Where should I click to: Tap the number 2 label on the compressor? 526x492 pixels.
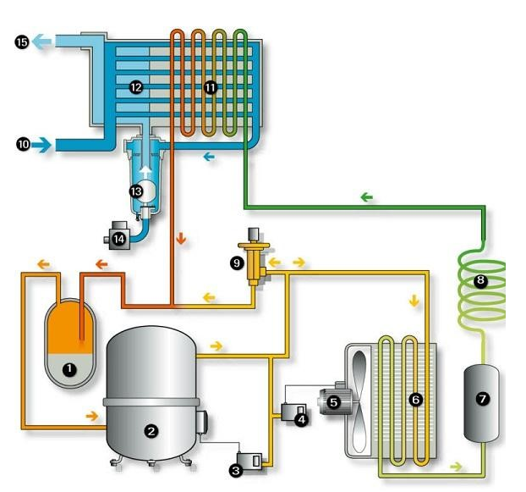[x=151, y=431]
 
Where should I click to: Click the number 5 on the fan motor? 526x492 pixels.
[x=333, y=402]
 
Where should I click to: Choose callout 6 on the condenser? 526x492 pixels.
[x=415, y=399]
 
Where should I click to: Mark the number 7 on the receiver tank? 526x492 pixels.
[x=483, y=399]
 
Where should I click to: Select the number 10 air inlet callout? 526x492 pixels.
[x=23, y=145]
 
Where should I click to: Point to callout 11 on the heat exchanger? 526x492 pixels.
[x=211, y=87]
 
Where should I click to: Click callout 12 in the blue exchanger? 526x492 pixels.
[x=135, y=87]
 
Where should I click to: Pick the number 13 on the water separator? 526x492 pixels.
[x=135, y=191]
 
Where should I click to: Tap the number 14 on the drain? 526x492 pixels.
[x=119, y=240]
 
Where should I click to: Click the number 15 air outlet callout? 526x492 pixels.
[x=22, y=41]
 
